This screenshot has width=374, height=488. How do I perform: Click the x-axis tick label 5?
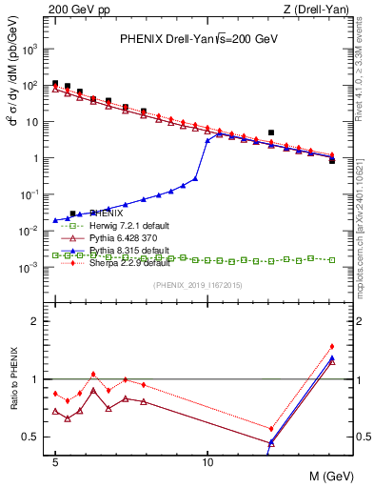pyautogui.click(x=55, y=459)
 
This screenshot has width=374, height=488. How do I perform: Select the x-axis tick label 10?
pyautogui.click(x=207, y=459)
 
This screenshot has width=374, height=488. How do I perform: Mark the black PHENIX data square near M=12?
pyautogui.click(x=271, y=132)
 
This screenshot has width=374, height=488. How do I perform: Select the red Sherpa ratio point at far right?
pyautogui.click(x=332, y=347)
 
